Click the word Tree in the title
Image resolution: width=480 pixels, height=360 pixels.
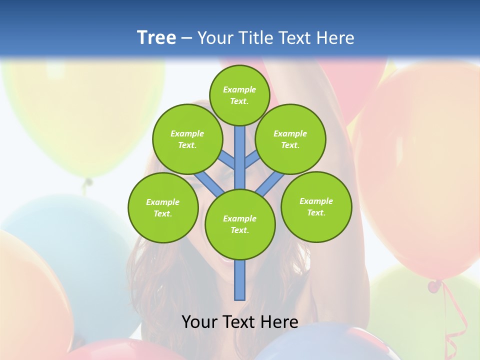pyautogui.click(x=156, y=38)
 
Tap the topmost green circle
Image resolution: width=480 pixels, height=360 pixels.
pyautogui.click(x=239, y=95)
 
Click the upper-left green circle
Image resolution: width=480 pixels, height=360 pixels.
pyautogui.click(x=187, y=139)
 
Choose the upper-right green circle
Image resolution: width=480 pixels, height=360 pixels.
pyautogui.click(x=290, y=139)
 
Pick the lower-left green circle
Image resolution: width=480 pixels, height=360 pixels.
pyautogui.click(x=163, y=207)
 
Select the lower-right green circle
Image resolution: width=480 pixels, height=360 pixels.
pyautogui.click(x=316, y=206)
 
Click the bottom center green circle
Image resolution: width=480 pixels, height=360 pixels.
pyautogui.click(x=240, y=224)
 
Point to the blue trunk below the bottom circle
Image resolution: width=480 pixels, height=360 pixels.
pyautogui.click(x=240, y=280)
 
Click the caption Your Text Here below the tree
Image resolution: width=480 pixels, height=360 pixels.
pyautogui.click(x=240, y=322)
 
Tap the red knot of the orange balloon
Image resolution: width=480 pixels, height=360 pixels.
pyautogui.click(x=434, y=286)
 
